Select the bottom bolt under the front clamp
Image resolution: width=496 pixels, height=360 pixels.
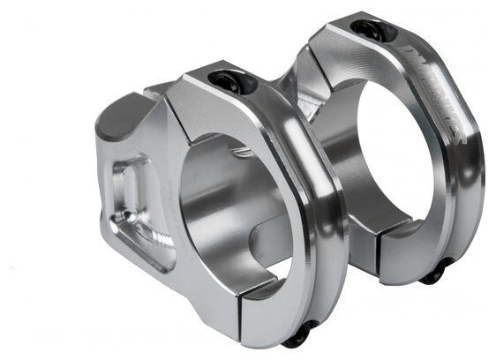tap(300, 334)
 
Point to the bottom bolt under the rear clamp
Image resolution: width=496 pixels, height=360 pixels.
tap(433, 274)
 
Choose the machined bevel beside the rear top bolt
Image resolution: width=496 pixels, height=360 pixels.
tap(340, 40)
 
